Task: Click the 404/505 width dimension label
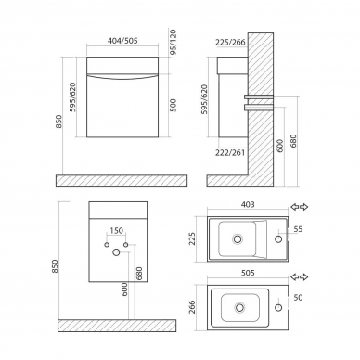122,41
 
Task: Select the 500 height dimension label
173,105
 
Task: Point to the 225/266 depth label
230,43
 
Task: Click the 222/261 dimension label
230,152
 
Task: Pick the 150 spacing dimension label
116,231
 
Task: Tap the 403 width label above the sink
248,205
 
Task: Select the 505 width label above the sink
248,273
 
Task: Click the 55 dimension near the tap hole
299,229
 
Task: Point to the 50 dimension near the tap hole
298,298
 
